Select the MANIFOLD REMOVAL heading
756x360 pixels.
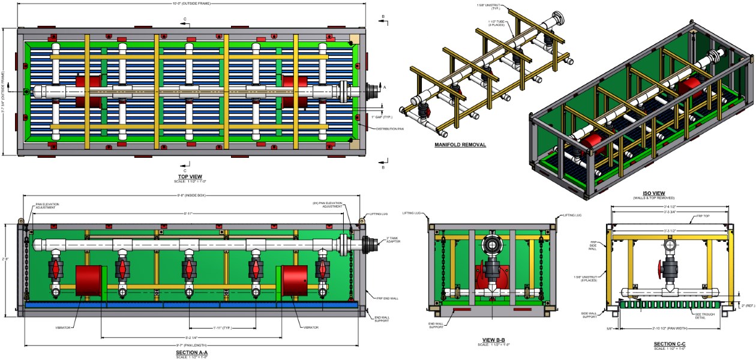click(460, 145)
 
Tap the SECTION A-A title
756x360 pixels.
click(189, 353)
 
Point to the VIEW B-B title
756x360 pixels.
click(490, 340)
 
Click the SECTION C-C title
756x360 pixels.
click(669, 344)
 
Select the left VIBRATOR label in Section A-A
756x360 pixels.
click(65, 328)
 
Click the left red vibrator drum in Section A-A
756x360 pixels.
click(88, 281)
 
